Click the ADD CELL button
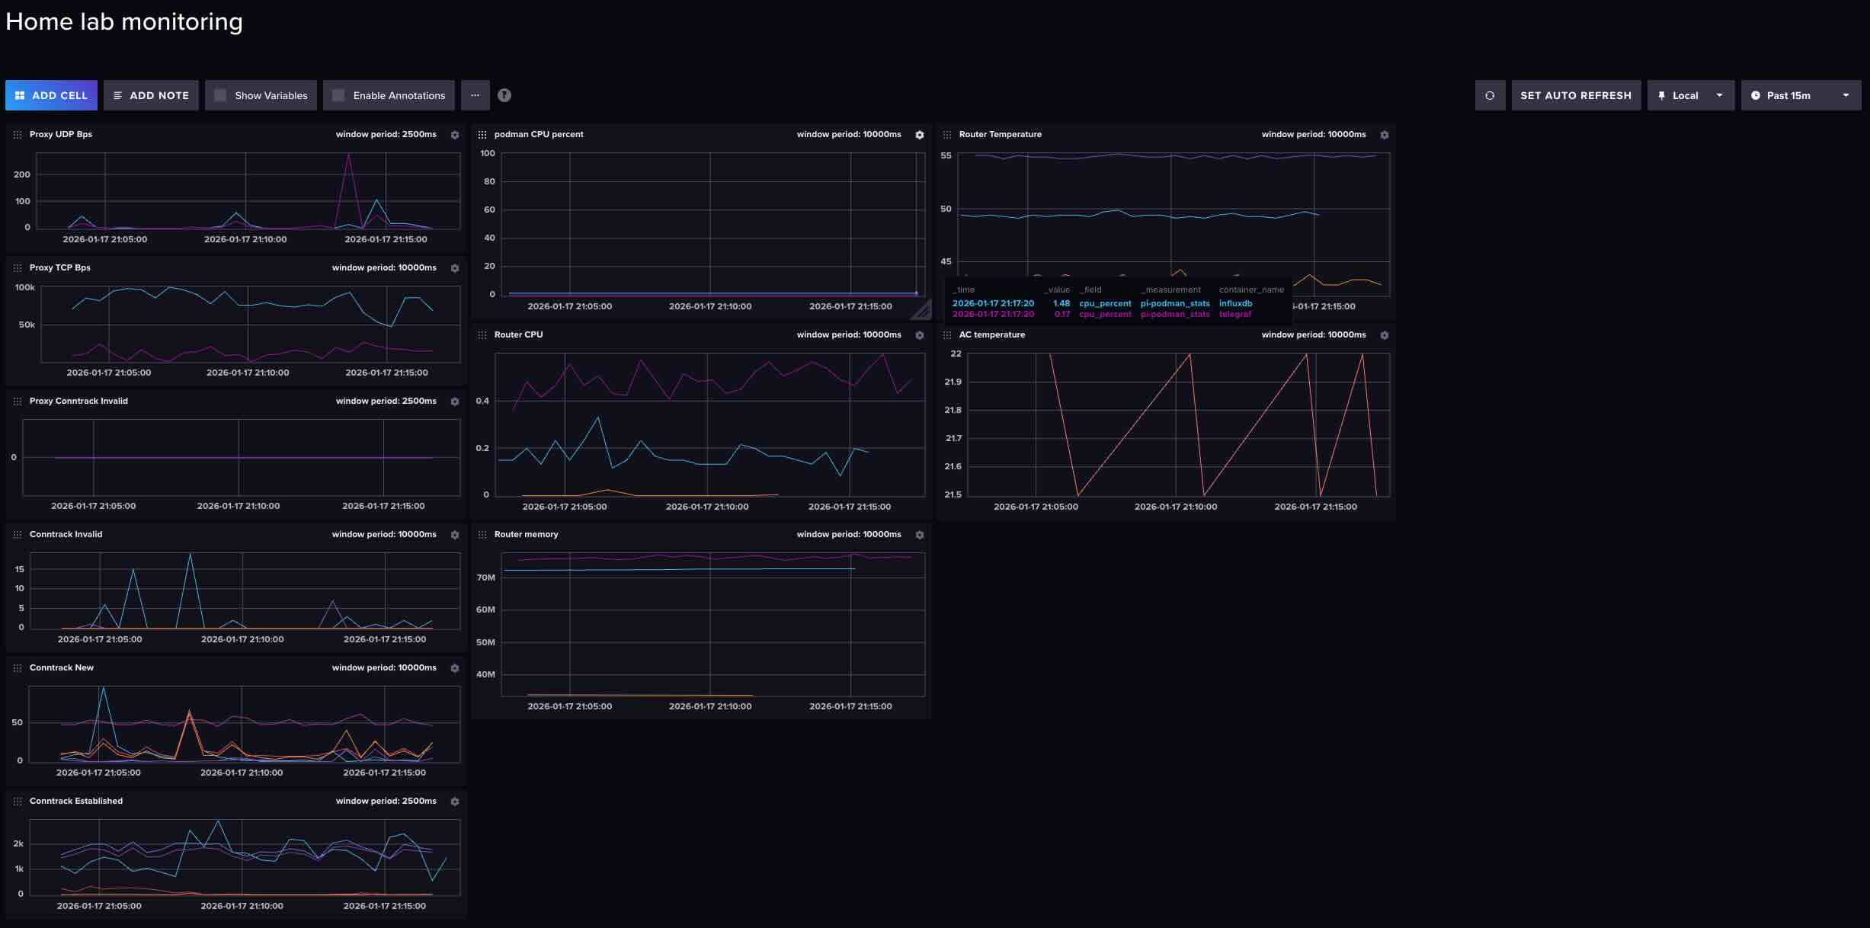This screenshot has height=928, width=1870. (x=51, y=95)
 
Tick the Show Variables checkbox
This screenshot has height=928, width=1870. (x=220, y=95)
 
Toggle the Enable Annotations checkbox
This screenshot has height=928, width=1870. (x=338, y=95)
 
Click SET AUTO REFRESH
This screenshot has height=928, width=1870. (x=1575, y=95)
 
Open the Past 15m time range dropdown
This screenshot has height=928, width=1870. (x=1800, y=95)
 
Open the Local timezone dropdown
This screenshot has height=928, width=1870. (x=1690, y=95)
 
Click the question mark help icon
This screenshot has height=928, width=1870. (x=504, y=95)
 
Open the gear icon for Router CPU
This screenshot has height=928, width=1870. (x=920, y=335)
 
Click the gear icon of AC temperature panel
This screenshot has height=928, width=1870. (x=1385, y=335)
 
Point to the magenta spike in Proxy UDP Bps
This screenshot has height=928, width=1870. (x=348, y=156)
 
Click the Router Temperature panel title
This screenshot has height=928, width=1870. (x=1000, y=134)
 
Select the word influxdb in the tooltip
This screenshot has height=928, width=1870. (x=1235, y=303)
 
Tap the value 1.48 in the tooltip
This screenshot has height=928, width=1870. (x=1061, y=303)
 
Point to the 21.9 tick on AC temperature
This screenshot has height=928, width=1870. (x=953, y=382)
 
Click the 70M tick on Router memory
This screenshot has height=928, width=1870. (x=485, y=578)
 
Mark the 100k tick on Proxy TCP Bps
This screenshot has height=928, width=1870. (x=25, y=287)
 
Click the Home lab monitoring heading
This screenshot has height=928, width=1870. (x=124, y=21)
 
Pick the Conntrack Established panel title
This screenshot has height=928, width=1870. (x=76, y=801)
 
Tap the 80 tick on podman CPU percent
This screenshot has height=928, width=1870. (x=488, y=181)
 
